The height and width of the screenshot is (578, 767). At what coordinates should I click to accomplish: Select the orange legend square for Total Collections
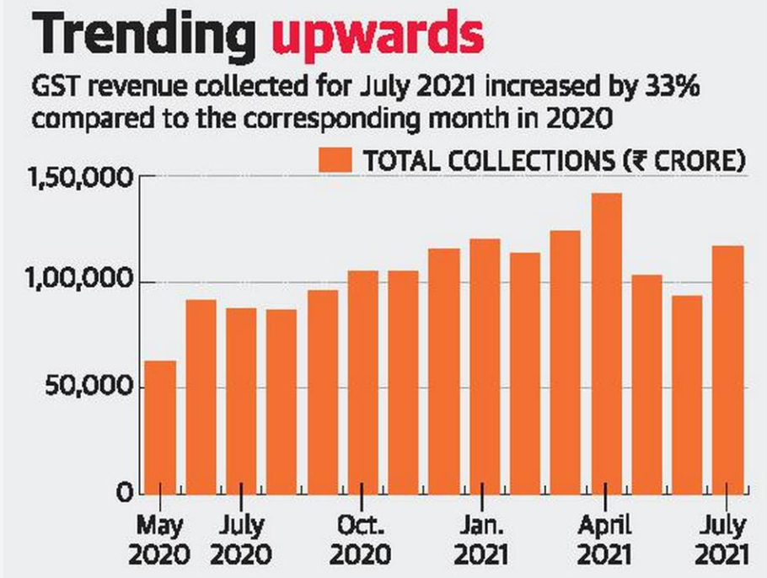click(x=333, y=161)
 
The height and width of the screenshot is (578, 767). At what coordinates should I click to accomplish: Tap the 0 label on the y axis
click(x=122, y=494)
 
